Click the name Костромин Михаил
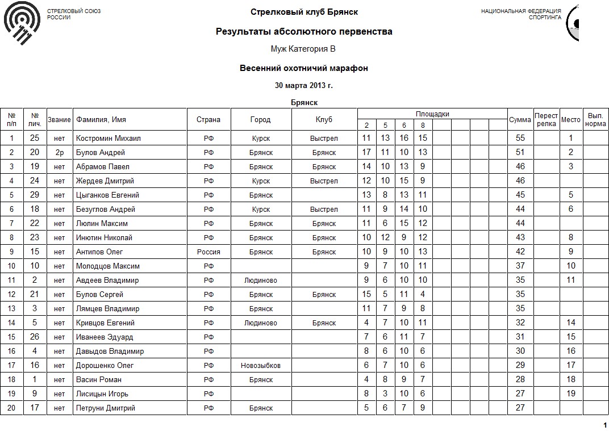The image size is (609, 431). [x=108, y=138]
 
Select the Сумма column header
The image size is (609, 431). [x=520, y=119]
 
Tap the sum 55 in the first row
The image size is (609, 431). [x=520, y=138]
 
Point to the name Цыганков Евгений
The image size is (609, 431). [x=107, y=195]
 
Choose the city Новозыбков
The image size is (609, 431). [x=261, y=365]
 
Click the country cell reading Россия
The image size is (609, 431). [x=208, y=252]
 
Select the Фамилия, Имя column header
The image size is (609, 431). [x=101, y=119]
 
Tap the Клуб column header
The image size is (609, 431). [x=324, y=119]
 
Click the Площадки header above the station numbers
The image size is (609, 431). [x=432, y=114]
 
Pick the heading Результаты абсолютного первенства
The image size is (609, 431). [x=304, y=32]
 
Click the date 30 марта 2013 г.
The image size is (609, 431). [x=304, y=86]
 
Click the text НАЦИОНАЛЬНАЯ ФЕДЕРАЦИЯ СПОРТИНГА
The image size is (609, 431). [x=521, y=14]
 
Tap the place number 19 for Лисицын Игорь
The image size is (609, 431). [x=571, y=394]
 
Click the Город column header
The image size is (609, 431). [x=261, y=119]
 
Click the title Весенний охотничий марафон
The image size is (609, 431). [x=304, y=68]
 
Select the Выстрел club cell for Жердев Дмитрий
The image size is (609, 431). [x=324, y=181]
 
